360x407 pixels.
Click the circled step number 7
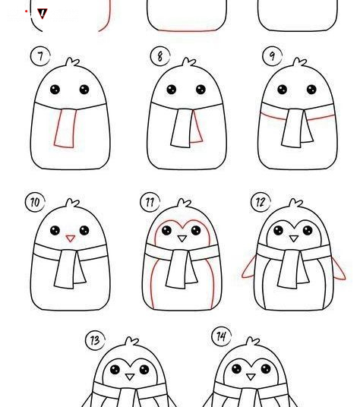click(x=40, y=56)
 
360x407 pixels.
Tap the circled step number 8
click(x=160, y=56)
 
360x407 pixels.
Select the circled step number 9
click(x=272, y=55)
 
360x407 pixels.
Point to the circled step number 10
click(x=35, y=202)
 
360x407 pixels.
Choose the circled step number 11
click(x=150, y=202)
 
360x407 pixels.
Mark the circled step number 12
click(x=261, y=202)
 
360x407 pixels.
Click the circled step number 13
click(x=95, y=340)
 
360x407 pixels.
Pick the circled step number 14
click(x=222, y=336)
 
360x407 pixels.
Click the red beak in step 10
click(x=71, y=238)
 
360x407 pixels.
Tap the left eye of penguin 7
click(x=55, y=90)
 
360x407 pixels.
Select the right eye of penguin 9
click(x=311, y=90)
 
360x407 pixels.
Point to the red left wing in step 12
click(x=249, y=267)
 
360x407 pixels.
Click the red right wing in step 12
click(x=338, y=268)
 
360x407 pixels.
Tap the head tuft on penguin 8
click(x=188, y=62)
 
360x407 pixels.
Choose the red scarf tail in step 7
click(x=65, y=128)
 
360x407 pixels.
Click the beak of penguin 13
click(x=130, y=377)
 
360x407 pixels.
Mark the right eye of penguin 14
click(x=266, y=368)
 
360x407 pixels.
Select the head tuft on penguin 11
click(x=185, y=204)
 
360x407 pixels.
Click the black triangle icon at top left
click(x=43, y=14)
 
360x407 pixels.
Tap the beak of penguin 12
click(x=294, y=238)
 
